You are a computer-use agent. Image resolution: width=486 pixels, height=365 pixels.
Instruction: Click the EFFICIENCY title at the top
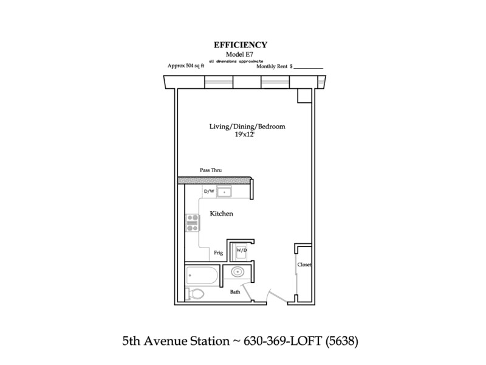(240, 45)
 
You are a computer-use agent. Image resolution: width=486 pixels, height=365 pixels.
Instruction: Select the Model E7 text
(239, 54)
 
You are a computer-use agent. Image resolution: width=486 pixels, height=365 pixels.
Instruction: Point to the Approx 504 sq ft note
(186, 66)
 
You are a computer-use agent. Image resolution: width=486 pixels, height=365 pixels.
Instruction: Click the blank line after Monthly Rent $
(308, 68)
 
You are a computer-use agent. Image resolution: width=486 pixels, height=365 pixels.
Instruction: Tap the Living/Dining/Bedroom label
(247, 127)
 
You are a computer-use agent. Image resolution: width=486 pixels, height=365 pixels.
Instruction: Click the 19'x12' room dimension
(245, 134)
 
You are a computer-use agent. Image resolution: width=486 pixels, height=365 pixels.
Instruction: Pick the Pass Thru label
(211, 170)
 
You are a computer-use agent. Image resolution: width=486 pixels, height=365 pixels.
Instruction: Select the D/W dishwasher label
(209, 191)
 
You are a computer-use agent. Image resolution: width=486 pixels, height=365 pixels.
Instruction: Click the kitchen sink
(224, 192)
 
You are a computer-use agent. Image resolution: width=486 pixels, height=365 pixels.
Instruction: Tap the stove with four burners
(193, 223)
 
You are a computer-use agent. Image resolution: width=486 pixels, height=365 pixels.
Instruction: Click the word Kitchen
(221, 214)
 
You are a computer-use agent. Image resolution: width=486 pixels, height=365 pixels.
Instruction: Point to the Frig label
(218, 252)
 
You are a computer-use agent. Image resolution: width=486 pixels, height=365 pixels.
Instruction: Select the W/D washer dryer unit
(241, 251)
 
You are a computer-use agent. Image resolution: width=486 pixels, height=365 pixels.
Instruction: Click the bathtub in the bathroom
(202, 276)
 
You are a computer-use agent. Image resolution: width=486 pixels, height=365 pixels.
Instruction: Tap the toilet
(194, 294)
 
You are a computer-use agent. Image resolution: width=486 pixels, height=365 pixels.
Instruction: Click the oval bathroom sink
(238, 272)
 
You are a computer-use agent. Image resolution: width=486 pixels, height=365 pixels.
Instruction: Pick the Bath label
(235, 292)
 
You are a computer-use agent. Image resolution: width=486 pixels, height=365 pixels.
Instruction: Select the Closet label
(304, 265)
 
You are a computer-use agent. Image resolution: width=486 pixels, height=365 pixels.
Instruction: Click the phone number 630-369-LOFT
(283, 341)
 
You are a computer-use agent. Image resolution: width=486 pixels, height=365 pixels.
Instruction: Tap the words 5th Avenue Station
(176, 341)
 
